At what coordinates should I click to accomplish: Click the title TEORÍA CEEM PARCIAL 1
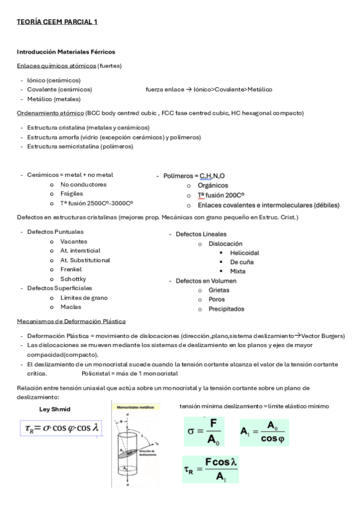pyautogui.click(x=57, y=22)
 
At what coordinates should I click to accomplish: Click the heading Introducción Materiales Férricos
pyautogui.click(x=66, y=52)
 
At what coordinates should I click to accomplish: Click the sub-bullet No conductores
pyautogui.click(x=84, y=184)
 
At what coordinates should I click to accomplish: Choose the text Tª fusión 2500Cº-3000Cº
pyautogui.click(x=97, y=203)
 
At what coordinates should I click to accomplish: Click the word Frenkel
pyautogui.click(x=71, y=269)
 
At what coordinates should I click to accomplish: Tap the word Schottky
pyautogui.click(x=73, y=279)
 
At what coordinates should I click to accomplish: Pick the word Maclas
pyautogui.click(x=71, y=307)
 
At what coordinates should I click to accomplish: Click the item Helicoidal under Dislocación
pyautogui.click(x=245, y=253)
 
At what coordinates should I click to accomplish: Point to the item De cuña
pyautogui.click(x=242, y=262)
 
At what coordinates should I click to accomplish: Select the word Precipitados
pyautogui.click(x=227, y=309)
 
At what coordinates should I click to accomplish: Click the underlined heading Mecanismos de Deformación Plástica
pyautogui.click(x=71, y=321)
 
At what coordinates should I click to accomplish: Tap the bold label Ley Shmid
pyautogui.click(x=55, y=410)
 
